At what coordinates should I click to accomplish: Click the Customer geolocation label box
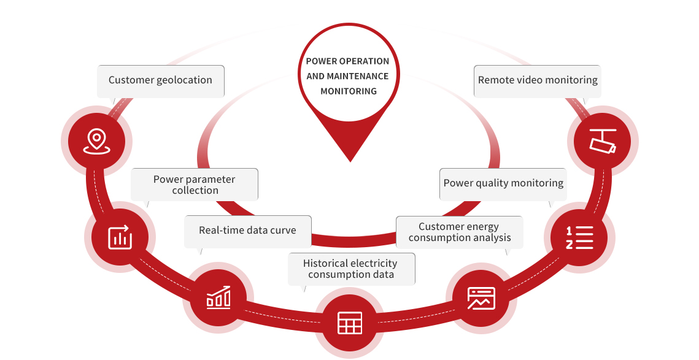(x=161, y=80)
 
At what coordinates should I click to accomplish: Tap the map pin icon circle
(x=96, y=142)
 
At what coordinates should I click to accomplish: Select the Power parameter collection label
(x=195, y=185)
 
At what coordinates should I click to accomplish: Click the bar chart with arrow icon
(x=120, y=237)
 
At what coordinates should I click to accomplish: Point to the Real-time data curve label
(x=247, y=231)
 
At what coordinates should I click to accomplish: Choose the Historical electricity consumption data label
(x=351, y=269)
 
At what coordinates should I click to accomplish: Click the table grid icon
(x=350, y=323)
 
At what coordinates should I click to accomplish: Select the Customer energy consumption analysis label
(x=460, y=232)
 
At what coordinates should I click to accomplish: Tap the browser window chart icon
(x=481, y=298)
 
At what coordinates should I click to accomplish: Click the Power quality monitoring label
(x=503, y=183)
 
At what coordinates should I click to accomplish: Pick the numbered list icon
(x=579, y=237)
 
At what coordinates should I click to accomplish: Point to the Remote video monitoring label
(x=538, y=80)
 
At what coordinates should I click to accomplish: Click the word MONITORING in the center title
(x=349, y=91)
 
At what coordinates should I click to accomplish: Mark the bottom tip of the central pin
(x=350, y=161)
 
